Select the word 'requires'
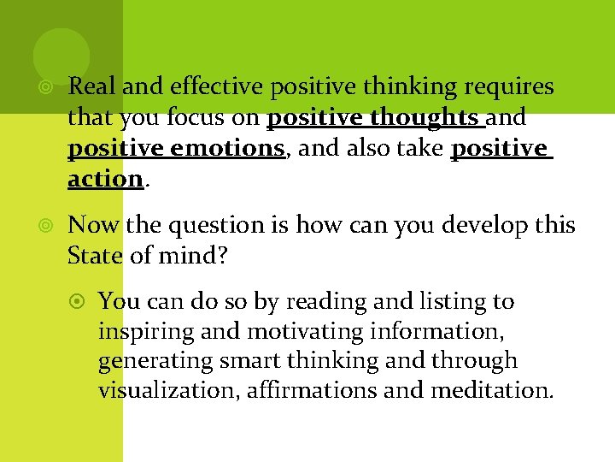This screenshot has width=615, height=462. [512, 86]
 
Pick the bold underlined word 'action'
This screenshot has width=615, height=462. [104, 179]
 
